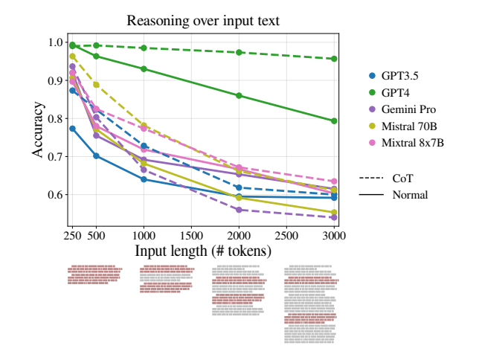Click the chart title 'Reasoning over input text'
coord(203,21)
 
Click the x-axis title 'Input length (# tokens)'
coord(202,251)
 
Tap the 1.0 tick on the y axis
coord(57,42)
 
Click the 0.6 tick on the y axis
coord(57,195)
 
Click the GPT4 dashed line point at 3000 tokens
coord(335,59)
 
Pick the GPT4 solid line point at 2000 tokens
coord(239,95)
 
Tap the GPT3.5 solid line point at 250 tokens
coord(72,129)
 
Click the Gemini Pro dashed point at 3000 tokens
coord(335,217)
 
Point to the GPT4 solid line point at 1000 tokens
coord(144,69)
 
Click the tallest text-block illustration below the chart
coord(311,303)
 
